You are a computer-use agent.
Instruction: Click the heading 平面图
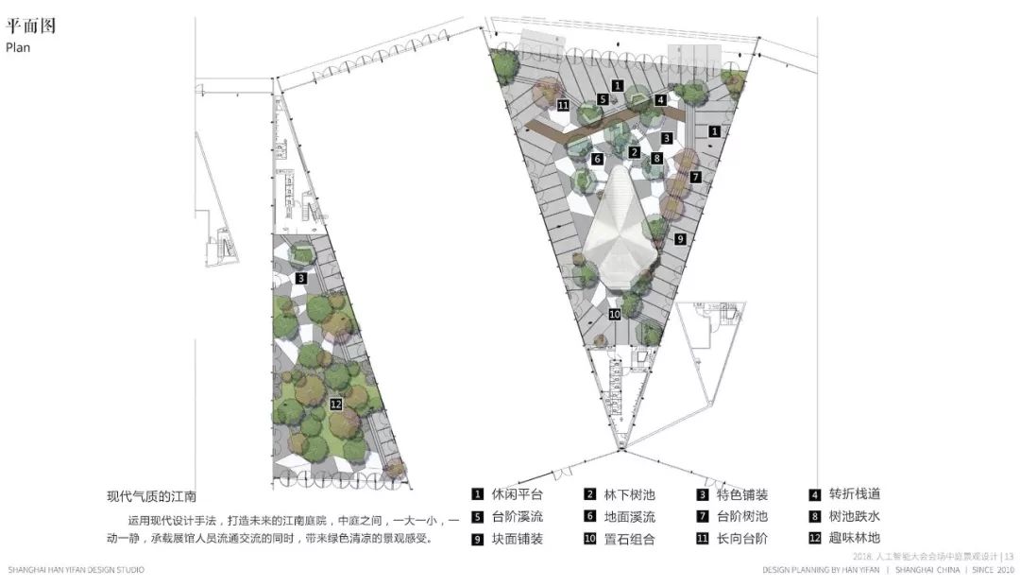[x=30, y=26]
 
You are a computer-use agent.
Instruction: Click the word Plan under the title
[x=18, y=47]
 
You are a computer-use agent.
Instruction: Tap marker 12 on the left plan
[x=335, y=405]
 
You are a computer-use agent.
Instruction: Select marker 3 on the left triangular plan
[x=300, y=279]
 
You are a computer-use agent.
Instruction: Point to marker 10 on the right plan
[x=614, y=314]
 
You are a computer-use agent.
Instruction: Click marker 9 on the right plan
[x=679, y=240]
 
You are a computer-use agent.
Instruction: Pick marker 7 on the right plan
[x=695, y=177]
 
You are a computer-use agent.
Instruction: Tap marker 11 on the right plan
[x=563, y=106]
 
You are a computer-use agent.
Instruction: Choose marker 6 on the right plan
[x=597, y=159]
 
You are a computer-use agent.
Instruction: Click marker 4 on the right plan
[x=661, y=99]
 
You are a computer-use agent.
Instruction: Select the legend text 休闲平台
[x=517, y=494]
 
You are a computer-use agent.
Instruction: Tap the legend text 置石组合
[x=630, y=540]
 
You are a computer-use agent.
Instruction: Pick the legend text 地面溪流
[x=630, y=517]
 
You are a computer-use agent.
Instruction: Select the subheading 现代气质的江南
[x=151, y=496]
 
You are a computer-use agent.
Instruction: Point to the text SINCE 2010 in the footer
[x=991, y=571]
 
